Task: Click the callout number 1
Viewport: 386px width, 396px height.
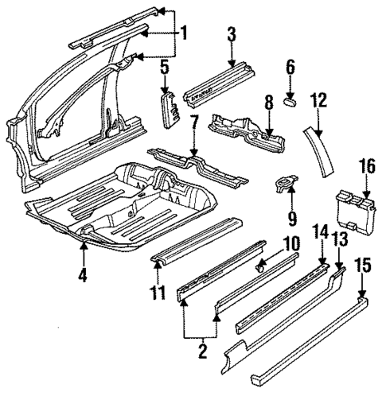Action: tap(184, 33)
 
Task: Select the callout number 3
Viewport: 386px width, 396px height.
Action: tap(232, 34)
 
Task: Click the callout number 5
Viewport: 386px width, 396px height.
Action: tap(164, 69)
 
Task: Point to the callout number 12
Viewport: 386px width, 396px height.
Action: tap(318, 100)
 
